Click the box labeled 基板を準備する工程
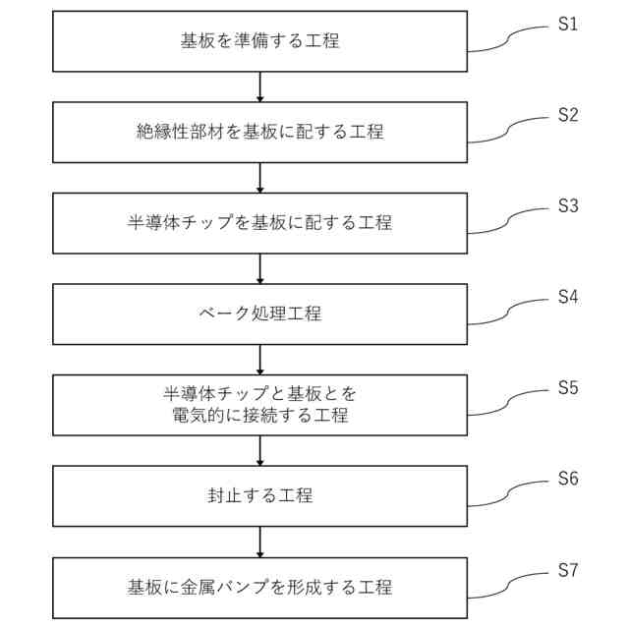pos(259,41)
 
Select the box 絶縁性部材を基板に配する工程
pos(259,132)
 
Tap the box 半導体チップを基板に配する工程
pos(259,223)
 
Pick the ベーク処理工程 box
pos(259,314)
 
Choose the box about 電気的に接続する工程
pos(259,405)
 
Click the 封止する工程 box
pos(259,496)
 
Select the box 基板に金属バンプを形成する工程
pos(259,588)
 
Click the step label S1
pos(568,24)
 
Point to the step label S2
pos(568,114)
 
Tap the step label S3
pos(568,205)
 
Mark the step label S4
pos(568,296)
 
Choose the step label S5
pos(568,387)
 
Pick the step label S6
pos(568,479)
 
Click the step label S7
pos(568,570)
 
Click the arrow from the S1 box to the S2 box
pos(259,86)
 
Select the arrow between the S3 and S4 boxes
pos(259,269)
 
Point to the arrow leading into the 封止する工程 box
pos(259,451)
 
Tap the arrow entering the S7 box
pos(259,543)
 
